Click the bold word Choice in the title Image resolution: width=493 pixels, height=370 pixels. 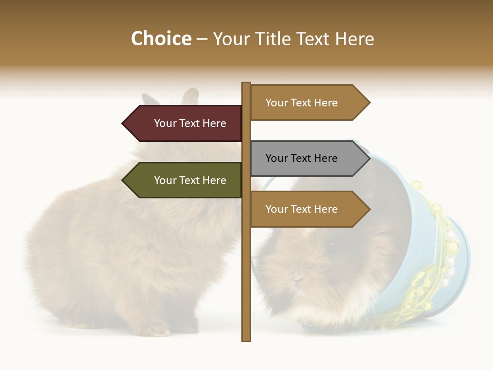pyautogui.click(x=161, y=39)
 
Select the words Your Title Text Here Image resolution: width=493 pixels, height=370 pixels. pyautogui.click(x=293, y=39)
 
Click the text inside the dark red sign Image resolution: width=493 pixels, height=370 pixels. pyautogui.click(x=190, y=123)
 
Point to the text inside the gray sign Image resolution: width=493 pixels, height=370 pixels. pyautogui.click(x=301, y=158)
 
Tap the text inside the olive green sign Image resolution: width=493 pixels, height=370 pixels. pyautogui.click(x=190, y=180)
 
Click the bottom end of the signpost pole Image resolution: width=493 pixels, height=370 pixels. pyautogui.click(x=246, y=339)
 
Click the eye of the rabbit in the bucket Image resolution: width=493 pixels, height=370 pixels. pyautogui.click(x=332, y=244)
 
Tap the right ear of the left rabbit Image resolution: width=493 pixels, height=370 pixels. pyautogui.click(x=189, y=97)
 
